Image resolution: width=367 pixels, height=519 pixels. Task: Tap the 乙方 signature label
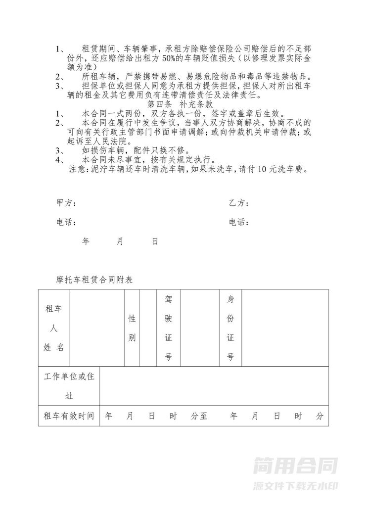238,204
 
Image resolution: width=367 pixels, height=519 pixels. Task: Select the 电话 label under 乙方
238,223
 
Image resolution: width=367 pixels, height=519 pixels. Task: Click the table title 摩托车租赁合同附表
94,280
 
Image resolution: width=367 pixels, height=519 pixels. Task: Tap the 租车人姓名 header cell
54,328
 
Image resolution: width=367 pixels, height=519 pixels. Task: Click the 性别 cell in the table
132,328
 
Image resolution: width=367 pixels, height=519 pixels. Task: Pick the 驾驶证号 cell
168,328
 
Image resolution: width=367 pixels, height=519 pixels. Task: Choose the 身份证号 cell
230,328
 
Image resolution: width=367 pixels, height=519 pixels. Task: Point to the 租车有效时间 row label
69,416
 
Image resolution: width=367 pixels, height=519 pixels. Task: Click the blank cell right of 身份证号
285,328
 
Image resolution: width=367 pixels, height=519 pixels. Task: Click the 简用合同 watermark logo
295,466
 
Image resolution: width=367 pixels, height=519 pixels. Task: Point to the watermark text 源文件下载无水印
295,486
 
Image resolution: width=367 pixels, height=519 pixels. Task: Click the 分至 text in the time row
199,416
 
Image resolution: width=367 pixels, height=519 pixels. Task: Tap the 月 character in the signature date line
120,241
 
